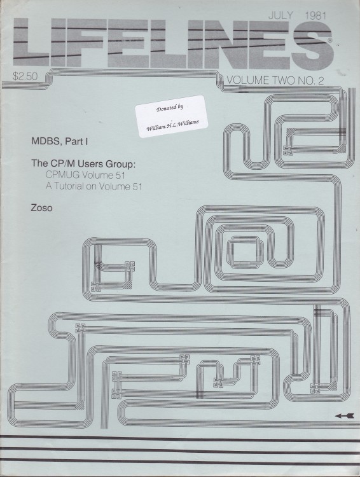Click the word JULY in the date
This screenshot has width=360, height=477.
280,15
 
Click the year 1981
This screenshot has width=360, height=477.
315,15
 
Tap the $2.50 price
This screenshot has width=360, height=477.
25,76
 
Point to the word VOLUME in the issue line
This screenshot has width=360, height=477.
248,80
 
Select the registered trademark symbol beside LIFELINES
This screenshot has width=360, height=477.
330,39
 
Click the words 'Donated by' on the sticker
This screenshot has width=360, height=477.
169,107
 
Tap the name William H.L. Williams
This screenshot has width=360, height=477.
172,125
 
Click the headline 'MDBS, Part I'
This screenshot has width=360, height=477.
60,141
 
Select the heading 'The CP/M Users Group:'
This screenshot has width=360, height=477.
83,163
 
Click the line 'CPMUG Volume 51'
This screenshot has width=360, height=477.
85,176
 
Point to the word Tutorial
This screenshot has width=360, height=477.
69,186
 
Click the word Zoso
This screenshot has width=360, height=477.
42,208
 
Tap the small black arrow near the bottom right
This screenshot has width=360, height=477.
345,416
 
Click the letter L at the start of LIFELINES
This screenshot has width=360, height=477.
31,43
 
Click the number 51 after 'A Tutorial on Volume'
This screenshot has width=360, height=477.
137,186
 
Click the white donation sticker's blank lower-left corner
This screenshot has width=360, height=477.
140,136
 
